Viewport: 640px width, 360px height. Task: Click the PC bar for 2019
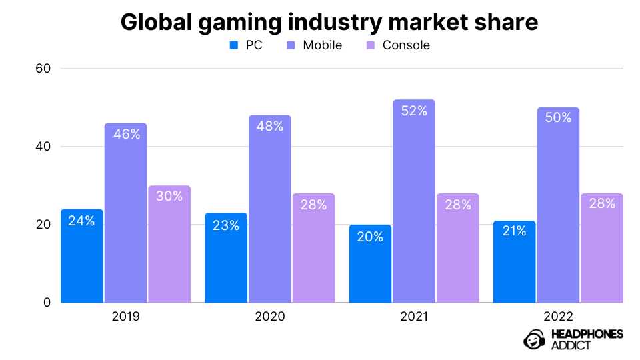click(82, 256)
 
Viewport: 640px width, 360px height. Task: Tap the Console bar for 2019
click(169, 244)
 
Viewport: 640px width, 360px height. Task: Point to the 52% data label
click(413, 111)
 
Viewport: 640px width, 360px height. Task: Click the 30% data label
click(169, 197)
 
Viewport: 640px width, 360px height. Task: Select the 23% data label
click(226, 225)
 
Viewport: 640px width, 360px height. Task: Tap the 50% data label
click(557, 117)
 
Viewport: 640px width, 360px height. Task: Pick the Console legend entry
click(398, 45)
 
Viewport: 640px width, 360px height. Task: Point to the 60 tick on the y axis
click(42, 69)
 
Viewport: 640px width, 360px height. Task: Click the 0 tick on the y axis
click(47, 303)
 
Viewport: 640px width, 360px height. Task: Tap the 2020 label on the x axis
click(269, 316)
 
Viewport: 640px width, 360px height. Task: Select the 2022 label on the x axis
click(557, 316)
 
